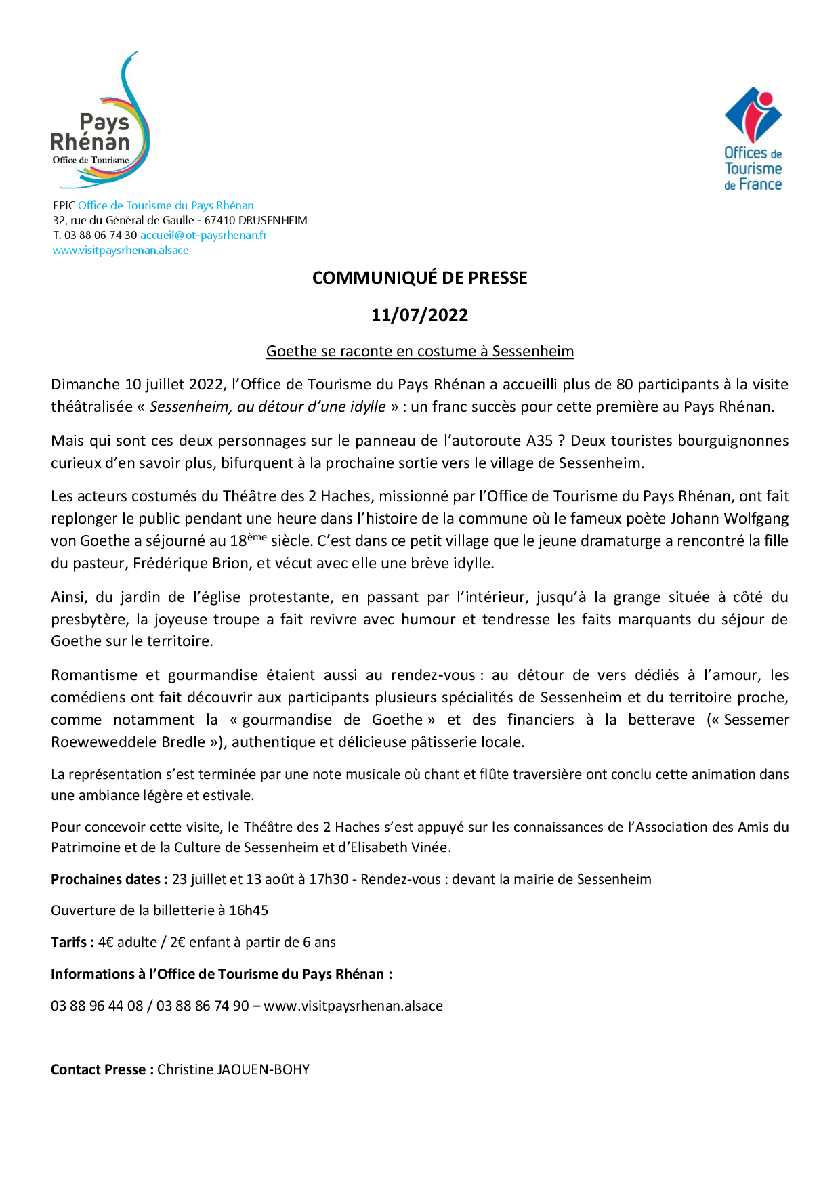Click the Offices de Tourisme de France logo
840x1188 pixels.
click(753, 139)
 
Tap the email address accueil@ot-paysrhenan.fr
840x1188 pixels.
click(203, 235)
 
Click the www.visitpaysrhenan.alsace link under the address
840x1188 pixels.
click(121, 250)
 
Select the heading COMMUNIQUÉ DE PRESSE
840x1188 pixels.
click(419, 278)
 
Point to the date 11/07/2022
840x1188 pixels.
click(419, 315)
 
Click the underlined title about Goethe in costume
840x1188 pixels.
click(419, 351)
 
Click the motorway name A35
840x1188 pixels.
click(540, 441)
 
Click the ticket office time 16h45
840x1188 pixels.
click(249, 910)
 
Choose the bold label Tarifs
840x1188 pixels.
click(72, 942)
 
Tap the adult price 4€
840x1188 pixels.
click(106, 942)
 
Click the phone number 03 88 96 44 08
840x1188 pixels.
click(97, 1006)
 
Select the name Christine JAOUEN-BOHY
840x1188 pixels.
click(233, 1069)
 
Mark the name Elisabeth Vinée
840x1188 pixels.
click(400, 847)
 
